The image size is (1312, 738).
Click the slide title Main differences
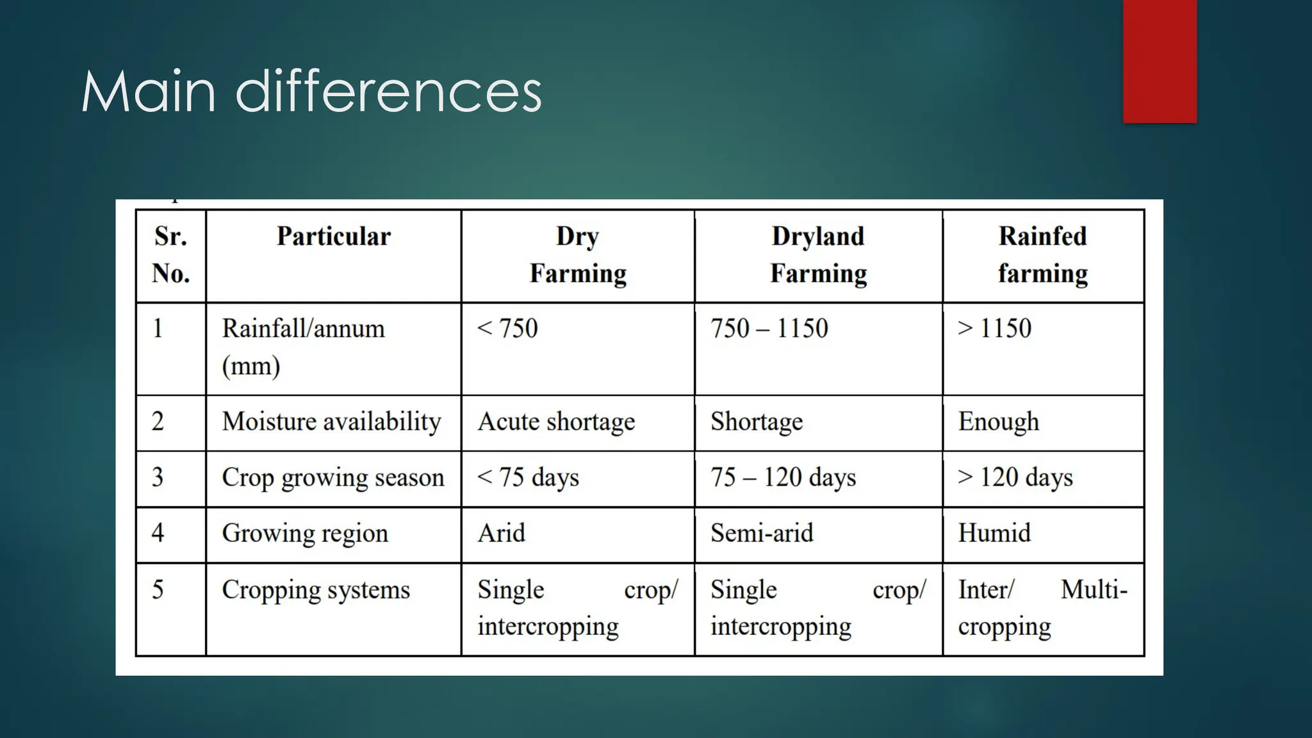[x=311, y=92]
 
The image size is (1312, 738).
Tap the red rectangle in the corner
[x=1160, y=61]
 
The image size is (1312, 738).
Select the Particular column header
[x=333, y=236]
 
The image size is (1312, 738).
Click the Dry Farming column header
[x=577, y=255]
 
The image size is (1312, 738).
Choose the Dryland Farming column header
[x=818, y=255]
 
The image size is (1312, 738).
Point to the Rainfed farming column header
[x=1042, y=255]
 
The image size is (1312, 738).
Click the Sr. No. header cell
[x=170, y=255]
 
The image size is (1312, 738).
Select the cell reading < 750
[x=507, y=329]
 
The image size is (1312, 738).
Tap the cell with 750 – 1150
[x=769, y=329]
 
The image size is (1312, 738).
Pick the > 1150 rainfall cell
[x=994, y=329]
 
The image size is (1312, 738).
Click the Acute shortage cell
[x=556, y=422]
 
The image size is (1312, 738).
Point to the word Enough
[x=998, y=422]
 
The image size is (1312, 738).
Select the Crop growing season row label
[x=332, y=478]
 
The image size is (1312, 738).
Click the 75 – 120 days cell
[x=783, y=478]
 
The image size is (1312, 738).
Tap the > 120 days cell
[x=1015, y=478]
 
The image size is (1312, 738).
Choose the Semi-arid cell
[x=762, y=533]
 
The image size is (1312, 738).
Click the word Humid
[x=994, y=533]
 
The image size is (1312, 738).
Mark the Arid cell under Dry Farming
[x=501, y=533]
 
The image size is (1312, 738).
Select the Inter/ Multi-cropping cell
[x=1042, y=608]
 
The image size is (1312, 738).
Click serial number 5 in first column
[x=158, y=589]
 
